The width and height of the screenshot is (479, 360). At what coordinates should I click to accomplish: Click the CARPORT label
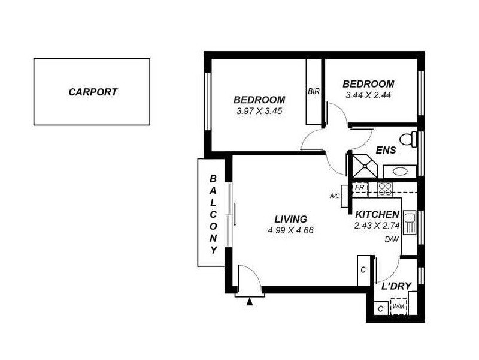93,92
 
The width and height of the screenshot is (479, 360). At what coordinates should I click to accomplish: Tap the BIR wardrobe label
313,92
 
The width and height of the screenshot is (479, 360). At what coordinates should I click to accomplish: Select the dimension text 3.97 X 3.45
259,111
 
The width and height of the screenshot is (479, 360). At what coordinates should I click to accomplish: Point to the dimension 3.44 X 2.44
368,95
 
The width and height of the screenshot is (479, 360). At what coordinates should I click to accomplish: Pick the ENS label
385,151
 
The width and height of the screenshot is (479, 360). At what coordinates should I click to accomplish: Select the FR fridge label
360,187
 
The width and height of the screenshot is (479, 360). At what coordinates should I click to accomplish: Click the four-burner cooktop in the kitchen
385,189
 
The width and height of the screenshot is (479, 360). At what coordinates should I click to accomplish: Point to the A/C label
335,196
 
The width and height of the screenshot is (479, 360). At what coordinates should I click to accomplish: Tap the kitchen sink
410,223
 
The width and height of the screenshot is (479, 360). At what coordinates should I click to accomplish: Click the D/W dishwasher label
392,239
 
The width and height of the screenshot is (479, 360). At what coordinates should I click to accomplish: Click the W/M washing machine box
398,307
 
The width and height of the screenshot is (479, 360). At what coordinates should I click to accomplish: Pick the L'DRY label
396,287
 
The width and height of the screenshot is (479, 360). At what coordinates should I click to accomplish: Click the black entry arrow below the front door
250,301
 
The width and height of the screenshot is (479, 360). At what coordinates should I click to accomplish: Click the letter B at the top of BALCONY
213,178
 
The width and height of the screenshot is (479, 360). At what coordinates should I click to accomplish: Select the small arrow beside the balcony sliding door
235,215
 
